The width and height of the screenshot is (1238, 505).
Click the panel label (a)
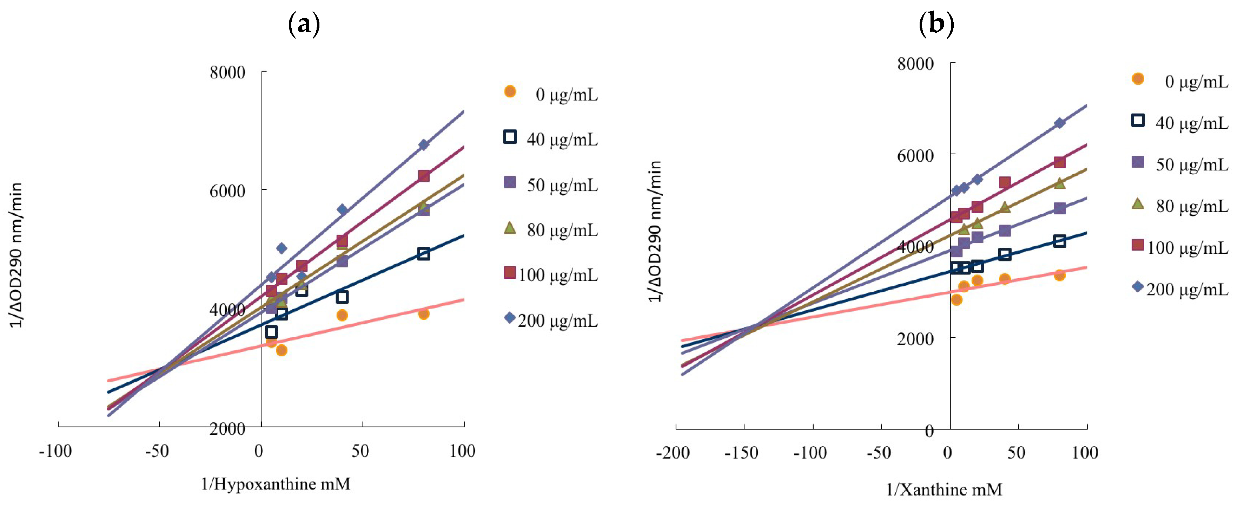[304, 23]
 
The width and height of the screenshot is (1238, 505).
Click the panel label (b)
[936, 23]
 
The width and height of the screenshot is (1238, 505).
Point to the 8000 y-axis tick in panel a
[227, 73]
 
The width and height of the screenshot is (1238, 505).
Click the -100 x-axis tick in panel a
[56, 451]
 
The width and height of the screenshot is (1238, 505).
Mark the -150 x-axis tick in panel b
[742, 453]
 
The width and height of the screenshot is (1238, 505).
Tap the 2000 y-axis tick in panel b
[915, 338]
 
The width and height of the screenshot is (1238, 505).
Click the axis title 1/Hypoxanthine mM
[276, 483]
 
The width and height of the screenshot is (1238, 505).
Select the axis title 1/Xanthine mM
[944, 489]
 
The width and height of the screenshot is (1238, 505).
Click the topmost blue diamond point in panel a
[423, 145]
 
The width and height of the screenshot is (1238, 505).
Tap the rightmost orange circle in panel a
[423, 313]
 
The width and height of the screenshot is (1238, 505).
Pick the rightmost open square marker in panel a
[423, 253]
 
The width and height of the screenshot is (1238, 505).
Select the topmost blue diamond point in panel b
[1060, 123]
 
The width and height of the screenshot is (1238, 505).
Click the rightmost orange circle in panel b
[1060, 275]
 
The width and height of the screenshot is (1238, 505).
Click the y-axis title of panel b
[655, 231]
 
